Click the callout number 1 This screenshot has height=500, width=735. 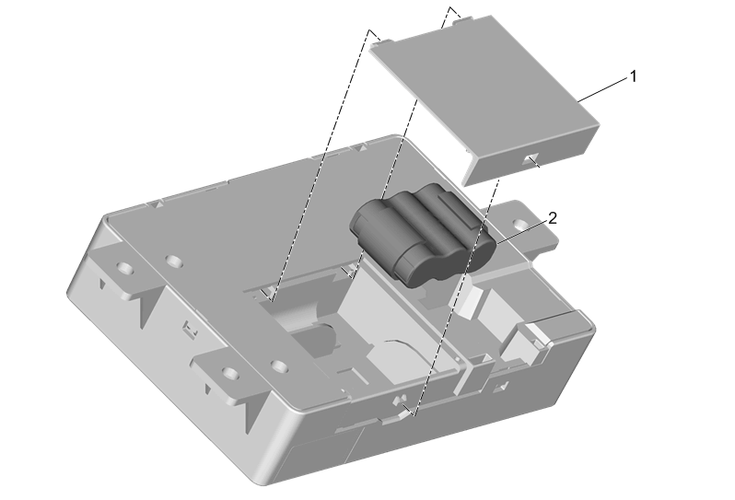click(634, 76)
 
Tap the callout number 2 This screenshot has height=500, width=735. click(553, 218)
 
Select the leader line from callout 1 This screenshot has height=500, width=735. click(602, 90)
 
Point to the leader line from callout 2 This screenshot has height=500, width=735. click(521, 232)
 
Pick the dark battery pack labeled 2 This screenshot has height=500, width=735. click(422, 234)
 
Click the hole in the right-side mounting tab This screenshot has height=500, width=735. click(519, 224)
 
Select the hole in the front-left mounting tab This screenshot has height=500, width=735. click(229, 373)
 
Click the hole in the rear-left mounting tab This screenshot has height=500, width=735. click(124, 269)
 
